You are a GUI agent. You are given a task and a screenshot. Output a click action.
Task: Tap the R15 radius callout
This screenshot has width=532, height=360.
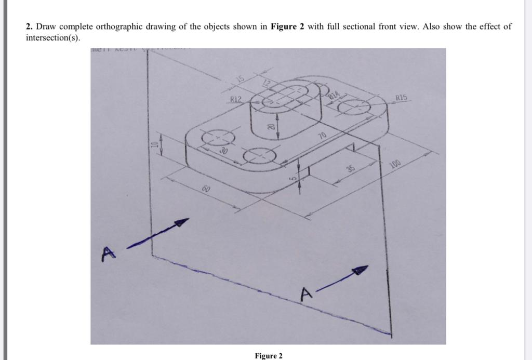click(402, 97)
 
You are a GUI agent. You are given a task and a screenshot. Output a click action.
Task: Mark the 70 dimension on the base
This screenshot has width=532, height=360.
click(322, 136)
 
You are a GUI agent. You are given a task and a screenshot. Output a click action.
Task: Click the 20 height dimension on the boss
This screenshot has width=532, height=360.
click(270, 127)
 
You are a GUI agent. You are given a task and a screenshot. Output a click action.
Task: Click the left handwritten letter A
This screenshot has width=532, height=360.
click(108, 253)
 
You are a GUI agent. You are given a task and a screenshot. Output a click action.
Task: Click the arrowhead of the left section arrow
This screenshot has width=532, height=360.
click(180, 222)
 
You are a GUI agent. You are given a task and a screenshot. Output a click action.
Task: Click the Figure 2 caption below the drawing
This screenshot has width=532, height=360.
click(269, 356)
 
